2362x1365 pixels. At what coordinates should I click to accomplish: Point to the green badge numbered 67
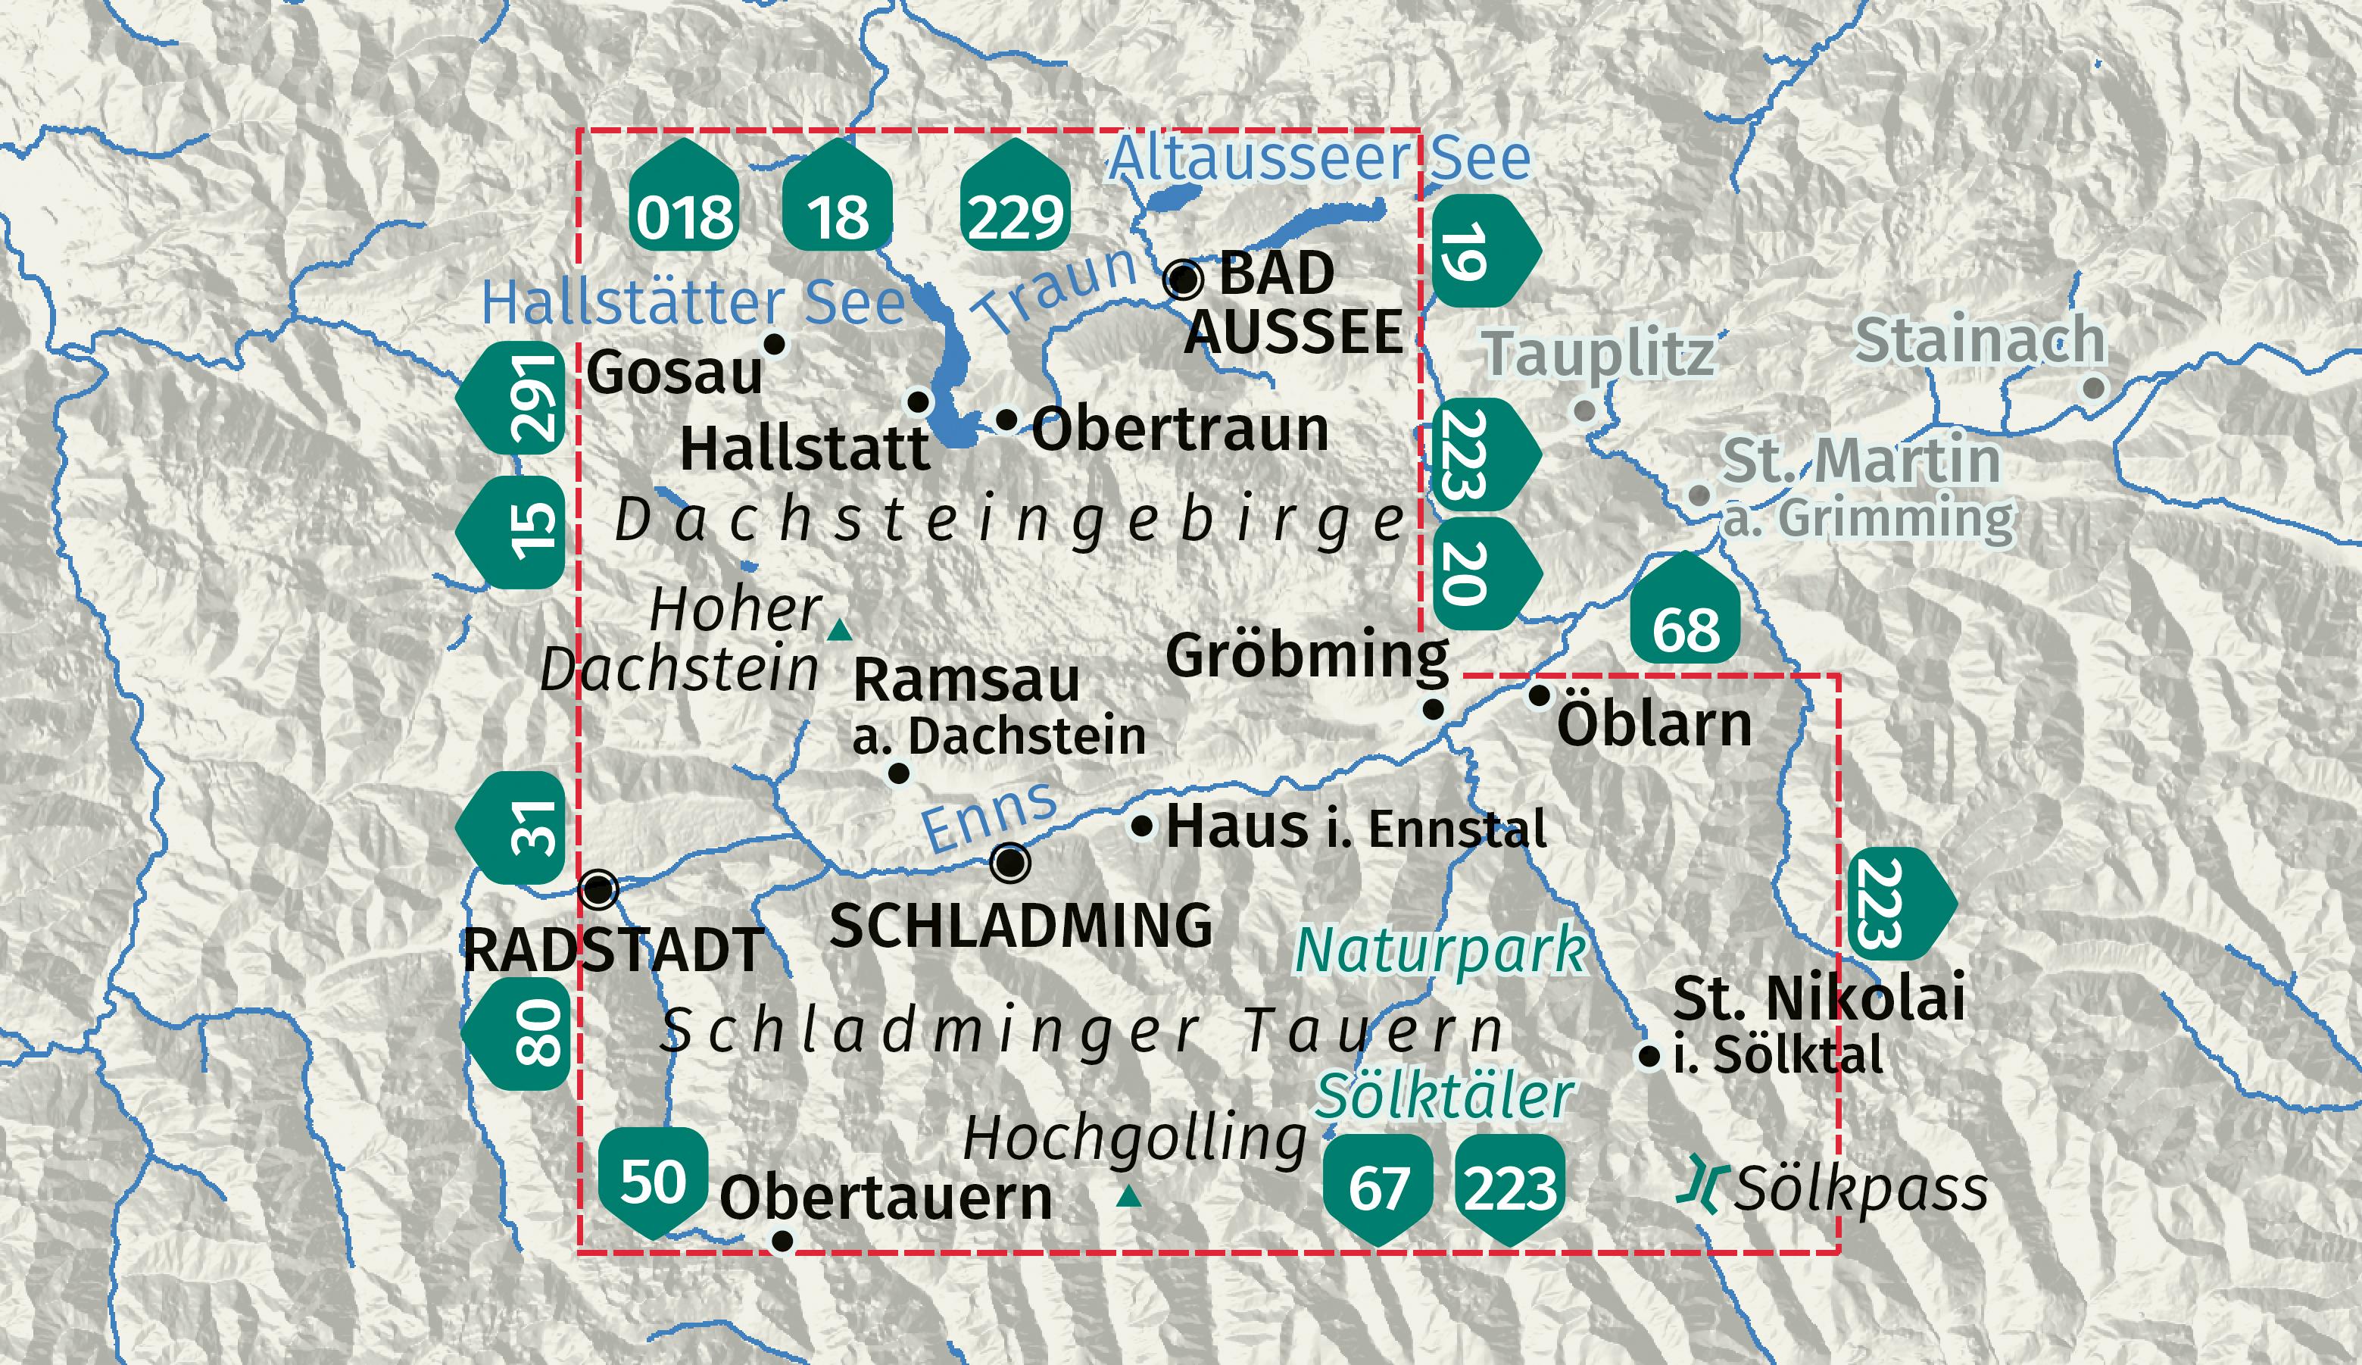(x=1377, y=1188)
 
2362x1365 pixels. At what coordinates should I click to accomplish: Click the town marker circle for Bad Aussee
(x=1183, y=279)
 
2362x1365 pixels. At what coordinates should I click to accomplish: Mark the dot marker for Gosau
(x=774, y=344)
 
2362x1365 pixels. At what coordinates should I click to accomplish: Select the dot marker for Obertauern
(x=782, y=1242)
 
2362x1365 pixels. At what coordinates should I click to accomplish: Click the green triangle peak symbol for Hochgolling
(x=1131, y=1196)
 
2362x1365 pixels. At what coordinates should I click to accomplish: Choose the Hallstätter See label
(x=693, y=302)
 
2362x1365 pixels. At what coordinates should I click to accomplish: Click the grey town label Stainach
(x=1980, y=339)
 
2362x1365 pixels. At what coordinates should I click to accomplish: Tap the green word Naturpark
(x=1440, y=950)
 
